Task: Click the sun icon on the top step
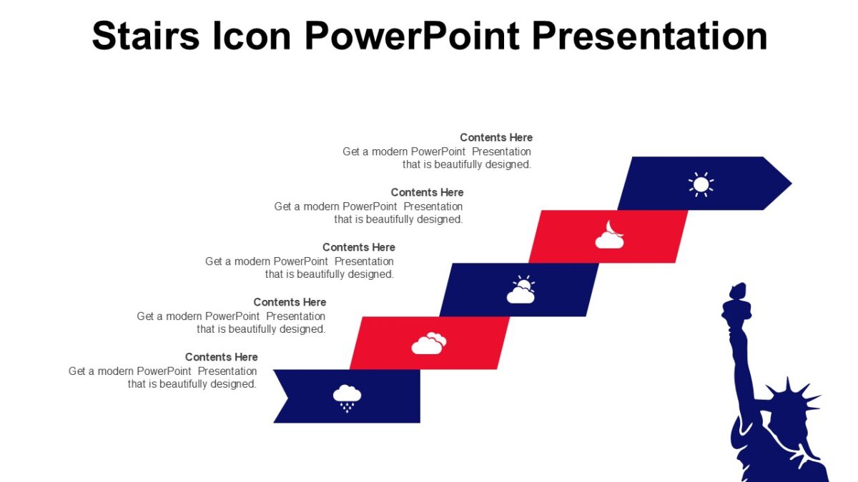701,184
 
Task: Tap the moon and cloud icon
610,236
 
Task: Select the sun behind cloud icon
521,290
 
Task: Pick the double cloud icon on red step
429,343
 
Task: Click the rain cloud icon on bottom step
347,397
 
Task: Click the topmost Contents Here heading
496,138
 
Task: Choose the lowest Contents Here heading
222,357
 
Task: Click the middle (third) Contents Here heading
359,248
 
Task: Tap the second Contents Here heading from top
428,193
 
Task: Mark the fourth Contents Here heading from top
290,302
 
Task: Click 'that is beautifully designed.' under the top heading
467,164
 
